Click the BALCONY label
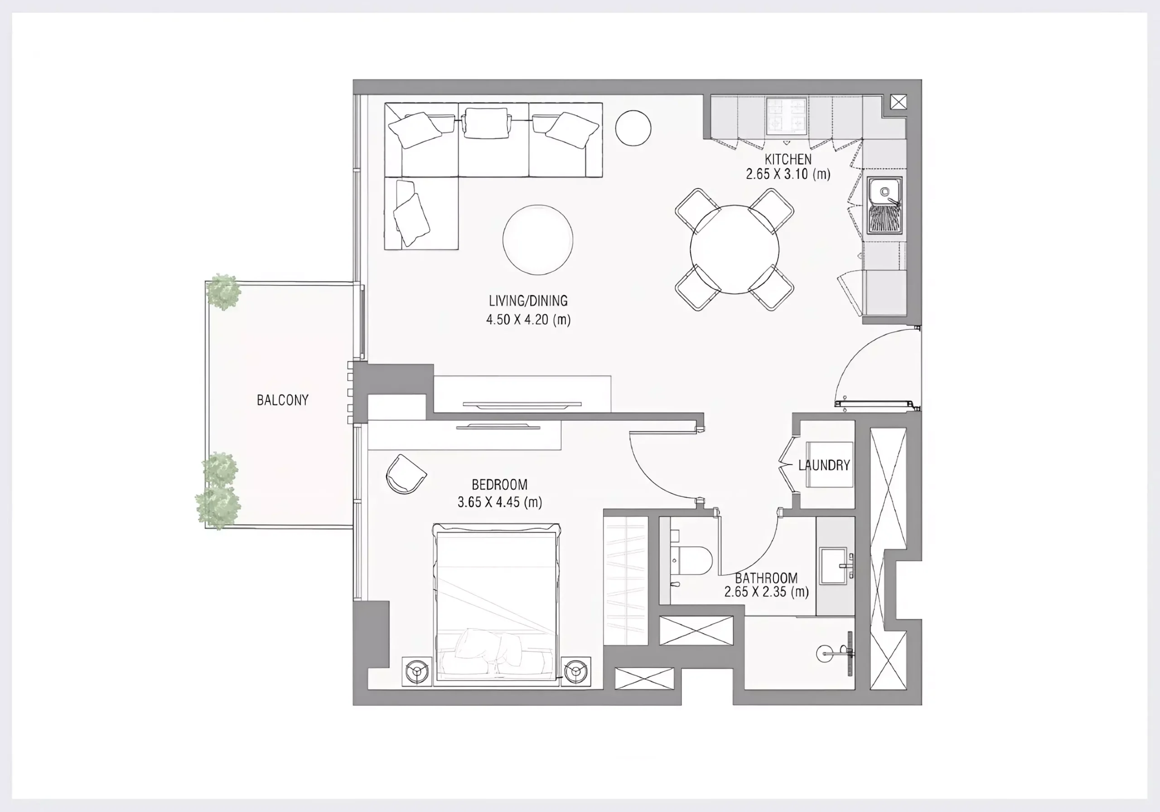click(x=282, y=400)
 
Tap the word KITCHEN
click(x=788, y=159)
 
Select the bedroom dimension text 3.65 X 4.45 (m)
click(x=500, y=502)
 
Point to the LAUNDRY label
click(x=824, y=465)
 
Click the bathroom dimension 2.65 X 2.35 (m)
click(x=766, y=592)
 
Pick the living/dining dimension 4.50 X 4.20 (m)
click(x=528, y=319)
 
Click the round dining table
click(x=735, y=249)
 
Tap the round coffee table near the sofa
click(x=538, y=240)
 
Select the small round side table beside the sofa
click(x=633, y=128)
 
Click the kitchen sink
click(x=884, y=205)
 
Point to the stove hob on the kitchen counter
click(x=786, y=116)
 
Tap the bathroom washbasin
click(x=834, y=565)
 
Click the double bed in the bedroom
click(x=497, y=604)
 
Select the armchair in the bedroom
click(x=406, y=474)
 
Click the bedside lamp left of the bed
click(x=417, y=671)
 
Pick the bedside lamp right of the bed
click(x=576, y=671)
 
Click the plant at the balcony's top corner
click(x=223, y=292)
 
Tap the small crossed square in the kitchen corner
click(x=898, y=102)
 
